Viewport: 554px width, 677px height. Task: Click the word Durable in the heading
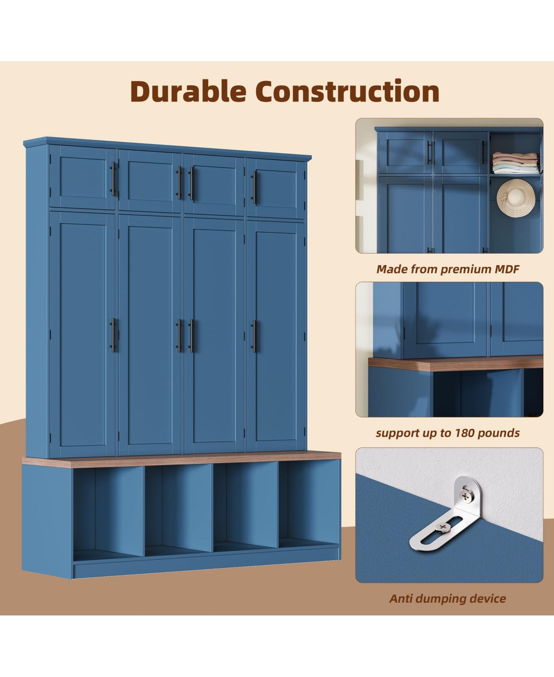point(188,91)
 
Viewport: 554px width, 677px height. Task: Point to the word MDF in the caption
point(507,269)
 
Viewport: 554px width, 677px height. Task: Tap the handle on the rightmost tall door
point(254,336)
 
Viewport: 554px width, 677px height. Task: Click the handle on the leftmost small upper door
point(113,179)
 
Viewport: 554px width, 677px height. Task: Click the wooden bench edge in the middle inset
point(456,364)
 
